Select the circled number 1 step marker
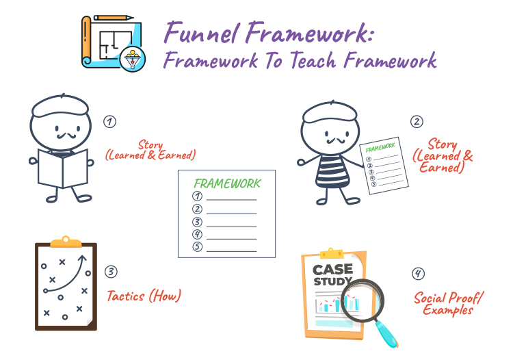[109, 121]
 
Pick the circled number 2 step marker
[417, 122]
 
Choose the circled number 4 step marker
[418, 274]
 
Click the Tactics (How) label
[144, 296]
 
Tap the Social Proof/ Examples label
[447, 303]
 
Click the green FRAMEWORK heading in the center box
[226, 183]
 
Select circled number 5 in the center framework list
[198, 246]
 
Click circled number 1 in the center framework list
[198, 196]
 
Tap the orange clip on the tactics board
[66, 241]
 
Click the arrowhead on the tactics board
[84, 259]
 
